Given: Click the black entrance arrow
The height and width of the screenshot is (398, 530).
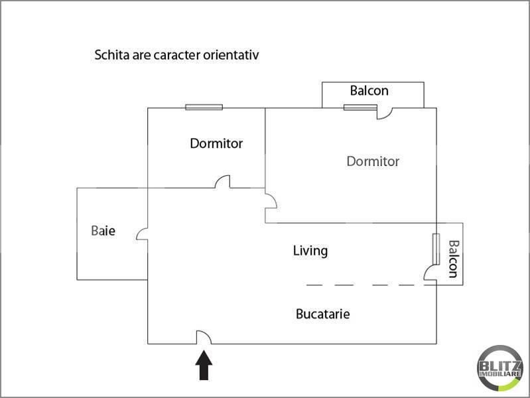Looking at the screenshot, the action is [x=204, y=365].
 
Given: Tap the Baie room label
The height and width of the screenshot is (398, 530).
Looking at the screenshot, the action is [x=103, y=231].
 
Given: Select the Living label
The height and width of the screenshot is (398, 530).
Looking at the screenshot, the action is [x=310, y=251].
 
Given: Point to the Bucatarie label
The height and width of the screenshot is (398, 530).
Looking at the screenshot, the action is [x=323, y=314].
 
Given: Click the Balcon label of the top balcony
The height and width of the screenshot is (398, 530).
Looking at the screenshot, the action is [x=369, y=91].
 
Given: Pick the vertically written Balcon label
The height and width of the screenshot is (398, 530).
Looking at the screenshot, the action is [x=453, y=259].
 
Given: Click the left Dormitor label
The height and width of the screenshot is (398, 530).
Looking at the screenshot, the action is [x=216, y=143].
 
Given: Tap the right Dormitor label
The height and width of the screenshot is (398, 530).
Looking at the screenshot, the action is [x=373, y=161].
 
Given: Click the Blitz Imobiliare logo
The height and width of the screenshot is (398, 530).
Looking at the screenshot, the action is [x=500, y=368].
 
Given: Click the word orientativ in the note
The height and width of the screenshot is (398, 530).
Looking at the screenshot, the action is [x=231, y=55].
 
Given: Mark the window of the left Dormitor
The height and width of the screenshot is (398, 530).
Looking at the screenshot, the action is [x=204, y=107].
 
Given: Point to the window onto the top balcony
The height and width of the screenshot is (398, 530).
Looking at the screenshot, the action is [x=360, y=107].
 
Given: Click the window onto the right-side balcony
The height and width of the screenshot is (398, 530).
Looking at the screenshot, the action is [x=436, y=249].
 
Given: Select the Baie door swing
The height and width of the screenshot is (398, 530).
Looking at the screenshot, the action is [x=142, y=234].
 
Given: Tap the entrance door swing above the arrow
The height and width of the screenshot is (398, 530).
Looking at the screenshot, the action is [x=204, y=337].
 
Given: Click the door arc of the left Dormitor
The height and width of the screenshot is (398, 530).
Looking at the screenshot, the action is [x=222, y=182].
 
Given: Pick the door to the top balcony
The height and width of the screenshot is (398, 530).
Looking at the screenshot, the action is [x=385, y=113].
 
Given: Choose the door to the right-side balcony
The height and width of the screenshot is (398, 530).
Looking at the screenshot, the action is [x=431, y=272].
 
